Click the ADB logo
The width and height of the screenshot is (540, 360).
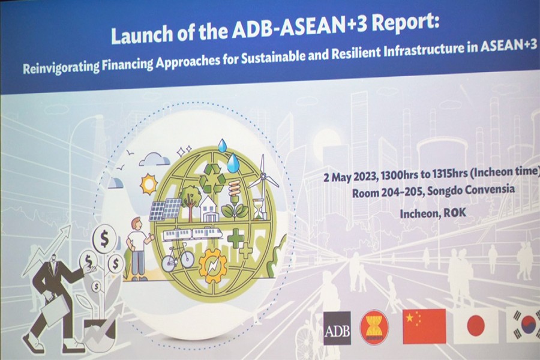point(337,328)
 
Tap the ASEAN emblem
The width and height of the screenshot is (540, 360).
point(374,328)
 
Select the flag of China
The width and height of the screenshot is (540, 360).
point(424,326)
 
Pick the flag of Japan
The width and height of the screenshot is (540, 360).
point(475,326)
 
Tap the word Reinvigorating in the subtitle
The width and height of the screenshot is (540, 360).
point(61,66)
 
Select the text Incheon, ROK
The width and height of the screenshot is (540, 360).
point(433,213)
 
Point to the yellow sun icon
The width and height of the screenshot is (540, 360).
point(149,184)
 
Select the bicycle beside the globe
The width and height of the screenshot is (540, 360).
point(178,257)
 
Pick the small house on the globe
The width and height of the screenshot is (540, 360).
point(208,209)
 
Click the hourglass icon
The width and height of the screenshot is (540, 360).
point(257,209)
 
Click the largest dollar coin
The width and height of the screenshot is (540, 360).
point(104,238)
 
